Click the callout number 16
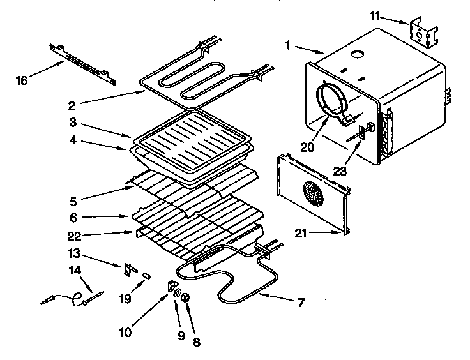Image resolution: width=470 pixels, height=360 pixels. tap(22, 80)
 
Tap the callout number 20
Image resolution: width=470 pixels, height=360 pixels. tap(308, 147)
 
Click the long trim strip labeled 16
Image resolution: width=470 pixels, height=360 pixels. tap(83, 64)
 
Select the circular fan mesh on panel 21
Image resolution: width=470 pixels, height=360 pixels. tap(312, 192)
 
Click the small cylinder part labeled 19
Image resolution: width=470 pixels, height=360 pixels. tap(146, 276)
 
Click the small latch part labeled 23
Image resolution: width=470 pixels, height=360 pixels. tap(362, 132)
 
